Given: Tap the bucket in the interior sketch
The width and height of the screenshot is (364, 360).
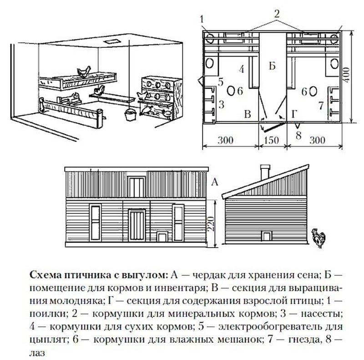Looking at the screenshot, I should click(x=130, y=114).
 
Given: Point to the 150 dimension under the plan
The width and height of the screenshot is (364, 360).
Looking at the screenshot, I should click(x=271, y=140).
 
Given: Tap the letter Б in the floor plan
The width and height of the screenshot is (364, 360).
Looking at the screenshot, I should click(x=272, y=66).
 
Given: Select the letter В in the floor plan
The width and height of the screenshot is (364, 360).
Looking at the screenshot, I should click(x=247, y=114).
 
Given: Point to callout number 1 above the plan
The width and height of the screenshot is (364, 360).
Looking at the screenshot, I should click(x=202, y=19).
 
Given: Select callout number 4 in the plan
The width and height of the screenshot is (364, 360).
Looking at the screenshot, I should click(x=242, y=70).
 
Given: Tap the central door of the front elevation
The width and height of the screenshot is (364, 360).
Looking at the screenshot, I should click(x=136, y=226).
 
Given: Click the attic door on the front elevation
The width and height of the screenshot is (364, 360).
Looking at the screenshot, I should click(x=136, y=187).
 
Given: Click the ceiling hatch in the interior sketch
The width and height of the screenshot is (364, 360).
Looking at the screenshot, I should click(x=111, y=42).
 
